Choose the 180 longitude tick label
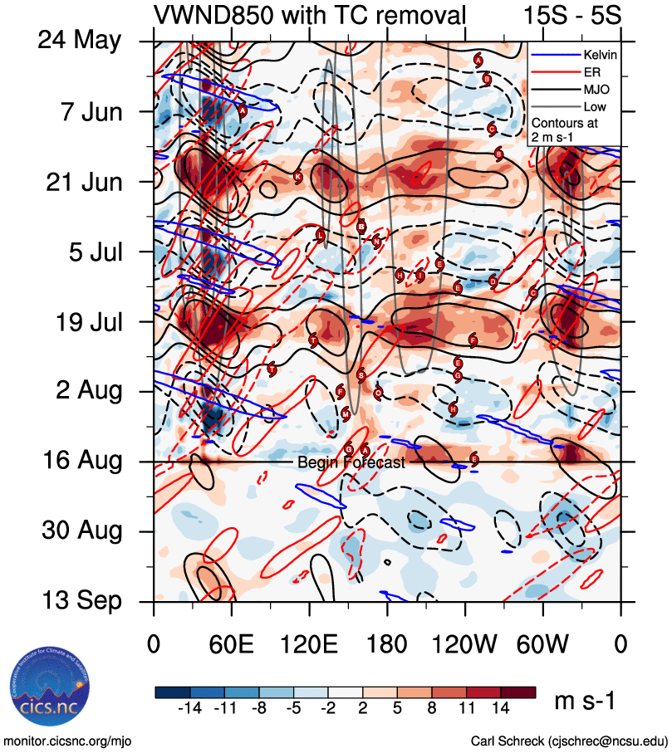(387, 644)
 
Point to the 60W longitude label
(542, 644)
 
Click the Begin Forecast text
(351, 462)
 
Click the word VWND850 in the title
(208, 15)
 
